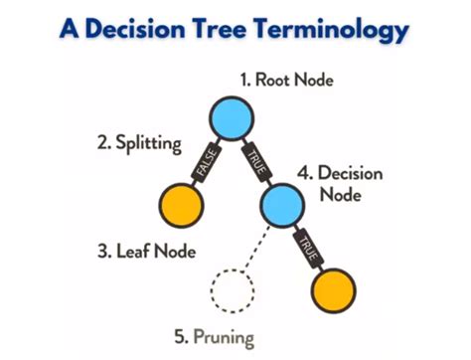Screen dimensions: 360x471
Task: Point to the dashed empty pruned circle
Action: pyautogui.click(x=233, y=291)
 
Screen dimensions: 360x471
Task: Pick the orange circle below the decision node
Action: pyautogui.click(x=332, y=292)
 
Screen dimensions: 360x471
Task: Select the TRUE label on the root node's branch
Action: pyautogui.click(x=255, y=160)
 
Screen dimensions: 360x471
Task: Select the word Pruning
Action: pyautogui.click(x=224, y=338)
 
